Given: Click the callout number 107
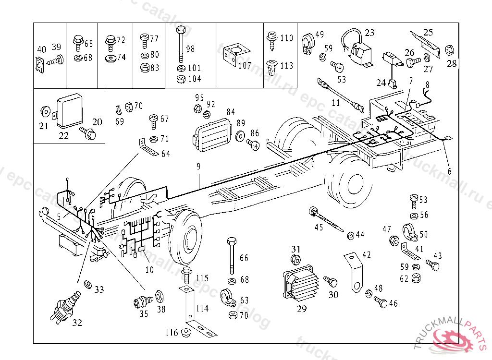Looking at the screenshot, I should (x=245, y=66).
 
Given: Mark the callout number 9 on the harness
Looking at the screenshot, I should (x=198, y=167).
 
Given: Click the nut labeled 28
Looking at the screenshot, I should (x=451, y=50).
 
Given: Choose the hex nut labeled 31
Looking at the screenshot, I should (x=296, y=260).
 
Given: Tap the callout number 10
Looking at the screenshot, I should (x=149, y=270).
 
